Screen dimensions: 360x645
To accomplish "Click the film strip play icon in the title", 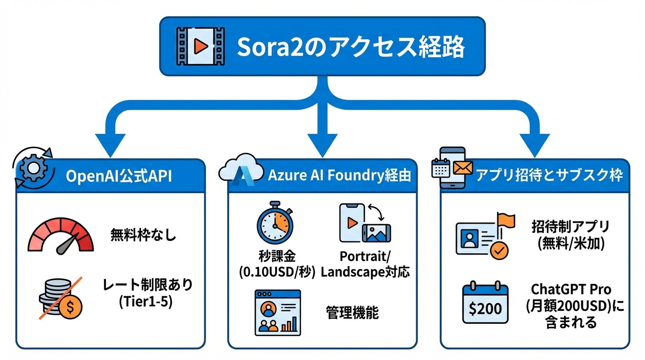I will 200,46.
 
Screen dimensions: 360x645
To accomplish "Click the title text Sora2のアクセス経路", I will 351,47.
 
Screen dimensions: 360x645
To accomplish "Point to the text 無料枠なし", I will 143,234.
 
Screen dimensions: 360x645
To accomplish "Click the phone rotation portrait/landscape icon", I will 364,223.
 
